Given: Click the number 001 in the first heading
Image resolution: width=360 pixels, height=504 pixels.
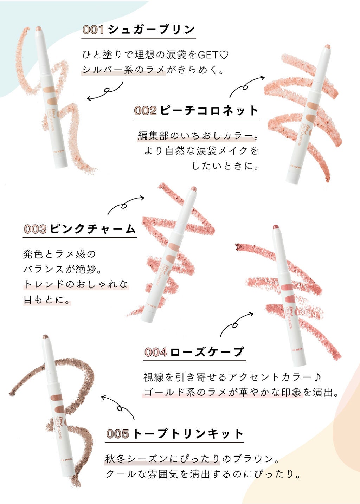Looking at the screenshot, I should coord(93,30).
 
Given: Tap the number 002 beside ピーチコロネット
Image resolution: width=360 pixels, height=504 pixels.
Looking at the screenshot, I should coord(145,111).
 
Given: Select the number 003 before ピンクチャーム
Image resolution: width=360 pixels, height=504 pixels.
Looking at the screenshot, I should coord(35,229).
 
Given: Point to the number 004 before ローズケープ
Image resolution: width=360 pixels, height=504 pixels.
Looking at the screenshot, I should coord(156,352).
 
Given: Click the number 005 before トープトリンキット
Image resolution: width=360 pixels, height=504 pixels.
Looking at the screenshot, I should coord(117,434).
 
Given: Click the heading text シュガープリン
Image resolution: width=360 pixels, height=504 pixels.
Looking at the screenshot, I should coord(151,30).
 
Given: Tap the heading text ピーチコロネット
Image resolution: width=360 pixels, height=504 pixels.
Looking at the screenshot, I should coord(209,111).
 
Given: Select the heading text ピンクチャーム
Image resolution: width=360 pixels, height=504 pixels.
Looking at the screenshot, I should coord(92,229).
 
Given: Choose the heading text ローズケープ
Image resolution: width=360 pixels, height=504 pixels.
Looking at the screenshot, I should coord(207,352).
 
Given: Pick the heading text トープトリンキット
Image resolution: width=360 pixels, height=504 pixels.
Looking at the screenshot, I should coord(188,434).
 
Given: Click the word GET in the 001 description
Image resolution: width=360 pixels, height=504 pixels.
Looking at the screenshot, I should coord(208,55).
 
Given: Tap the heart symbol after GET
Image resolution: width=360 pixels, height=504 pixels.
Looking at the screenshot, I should coord(224,55).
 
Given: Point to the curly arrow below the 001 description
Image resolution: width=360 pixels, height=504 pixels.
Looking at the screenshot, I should coord(105,92).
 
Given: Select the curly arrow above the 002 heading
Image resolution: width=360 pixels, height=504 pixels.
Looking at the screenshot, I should coord(246,86).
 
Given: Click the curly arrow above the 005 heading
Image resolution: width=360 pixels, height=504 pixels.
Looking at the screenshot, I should coord(118,407).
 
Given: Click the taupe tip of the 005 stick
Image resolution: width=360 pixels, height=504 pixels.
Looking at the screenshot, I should coord(45,337).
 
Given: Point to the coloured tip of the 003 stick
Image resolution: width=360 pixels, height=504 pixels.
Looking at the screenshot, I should coord(193,189).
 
